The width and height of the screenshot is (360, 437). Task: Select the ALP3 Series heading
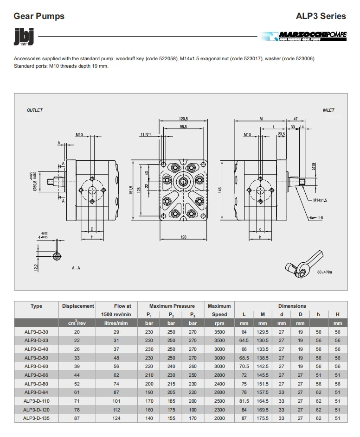321,16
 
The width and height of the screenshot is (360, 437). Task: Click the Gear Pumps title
39,16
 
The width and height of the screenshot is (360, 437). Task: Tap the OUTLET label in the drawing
35,110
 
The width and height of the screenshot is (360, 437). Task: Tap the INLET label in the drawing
328,110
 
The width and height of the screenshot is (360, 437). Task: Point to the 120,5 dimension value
183,119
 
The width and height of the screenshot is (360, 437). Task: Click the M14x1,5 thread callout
320,200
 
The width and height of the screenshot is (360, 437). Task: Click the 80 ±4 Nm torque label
324,272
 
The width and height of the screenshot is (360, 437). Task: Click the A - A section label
76,268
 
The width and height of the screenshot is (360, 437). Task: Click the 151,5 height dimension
131,190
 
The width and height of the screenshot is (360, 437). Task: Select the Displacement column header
78,306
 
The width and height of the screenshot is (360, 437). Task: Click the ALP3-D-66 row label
36,375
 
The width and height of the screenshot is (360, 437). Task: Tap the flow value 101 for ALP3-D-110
122,401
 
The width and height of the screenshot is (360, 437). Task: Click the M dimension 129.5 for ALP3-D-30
263,332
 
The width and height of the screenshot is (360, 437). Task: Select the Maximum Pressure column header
172,306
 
